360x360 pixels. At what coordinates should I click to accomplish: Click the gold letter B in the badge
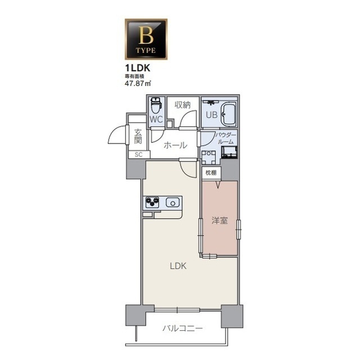click(146, 35)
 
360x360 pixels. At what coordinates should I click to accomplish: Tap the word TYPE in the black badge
click(146, 50)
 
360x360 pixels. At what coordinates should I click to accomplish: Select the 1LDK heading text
click(137, 68)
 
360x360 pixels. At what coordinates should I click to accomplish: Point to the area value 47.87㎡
click(137, 83)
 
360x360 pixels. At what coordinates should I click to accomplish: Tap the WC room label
click(156, 119)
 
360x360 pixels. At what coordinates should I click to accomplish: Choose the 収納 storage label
click(183, 105)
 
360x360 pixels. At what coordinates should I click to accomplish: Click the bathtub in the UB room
click(228, 114)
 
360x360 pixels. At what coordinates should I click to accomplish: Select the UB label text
click(211, 115)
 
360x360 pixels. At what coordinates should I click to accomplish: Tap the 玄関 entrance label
click(138, 137)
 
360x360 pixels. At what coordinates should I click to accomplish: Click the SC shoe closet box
click(139, 155)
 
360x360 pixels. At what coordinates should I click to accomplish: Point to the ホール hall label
click(175, 145)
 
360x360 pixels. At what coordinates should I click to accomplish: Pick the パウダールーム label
click(226, 138)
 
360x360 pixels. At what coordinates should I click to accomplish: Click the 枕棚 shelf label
click(211, 173)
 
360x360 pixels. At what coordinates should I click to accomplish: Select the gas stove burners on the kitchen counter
click(152, 202)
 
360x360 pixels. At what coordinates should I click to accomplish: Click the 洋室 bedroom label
click(220, 220)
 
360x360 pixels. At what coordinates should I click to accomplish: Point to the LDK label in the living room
click(178, 266)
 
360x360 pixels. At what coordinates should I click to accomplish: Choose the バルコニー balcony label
click(183, 328)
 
